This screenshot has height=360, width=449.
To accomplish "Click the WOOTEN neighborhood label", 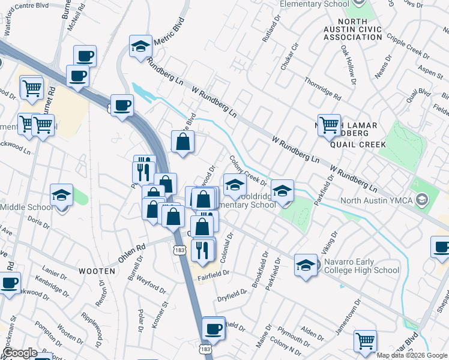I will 97,271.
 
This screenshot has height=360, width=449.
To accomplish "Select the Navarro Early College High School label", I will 361,266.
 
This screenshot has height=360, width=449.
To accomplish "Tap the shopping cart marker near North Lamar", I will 329,125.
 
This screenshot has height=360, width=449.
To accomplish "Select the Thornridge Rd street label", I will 322,89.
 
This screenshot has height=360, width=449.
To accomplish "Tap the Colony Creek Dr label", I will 248,172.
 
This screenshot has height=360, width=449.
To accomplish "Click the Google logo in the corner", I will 20,353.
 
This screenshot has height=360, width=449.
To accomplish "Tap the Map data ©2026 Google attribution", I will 412,355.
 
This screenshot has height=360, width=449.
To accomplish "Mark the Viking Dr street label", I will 331,242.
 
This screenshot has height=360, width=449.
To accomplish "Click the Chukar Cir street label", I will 290,56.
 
